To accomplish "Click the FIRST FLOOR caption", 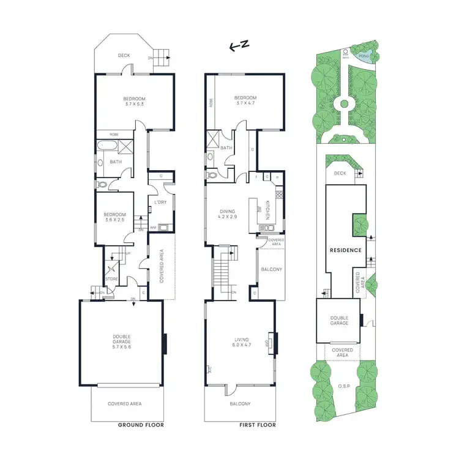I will pos(255,425).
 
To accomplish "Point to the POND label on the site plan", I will pos(364,54).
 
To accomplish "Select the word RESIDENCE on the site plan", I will pos(346,250).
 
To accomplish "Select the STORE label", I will pos(111,280).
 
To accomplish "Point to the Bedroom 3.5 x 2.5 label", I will pos(114,217).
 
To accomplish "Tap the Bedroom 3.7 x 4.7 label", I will pos(245,101).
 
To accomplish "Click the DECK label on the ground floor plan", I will pos(124,55).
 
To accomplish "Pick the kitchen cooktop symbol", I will pos(279,196).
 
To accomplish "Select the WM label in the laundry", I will pos(153,227).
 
